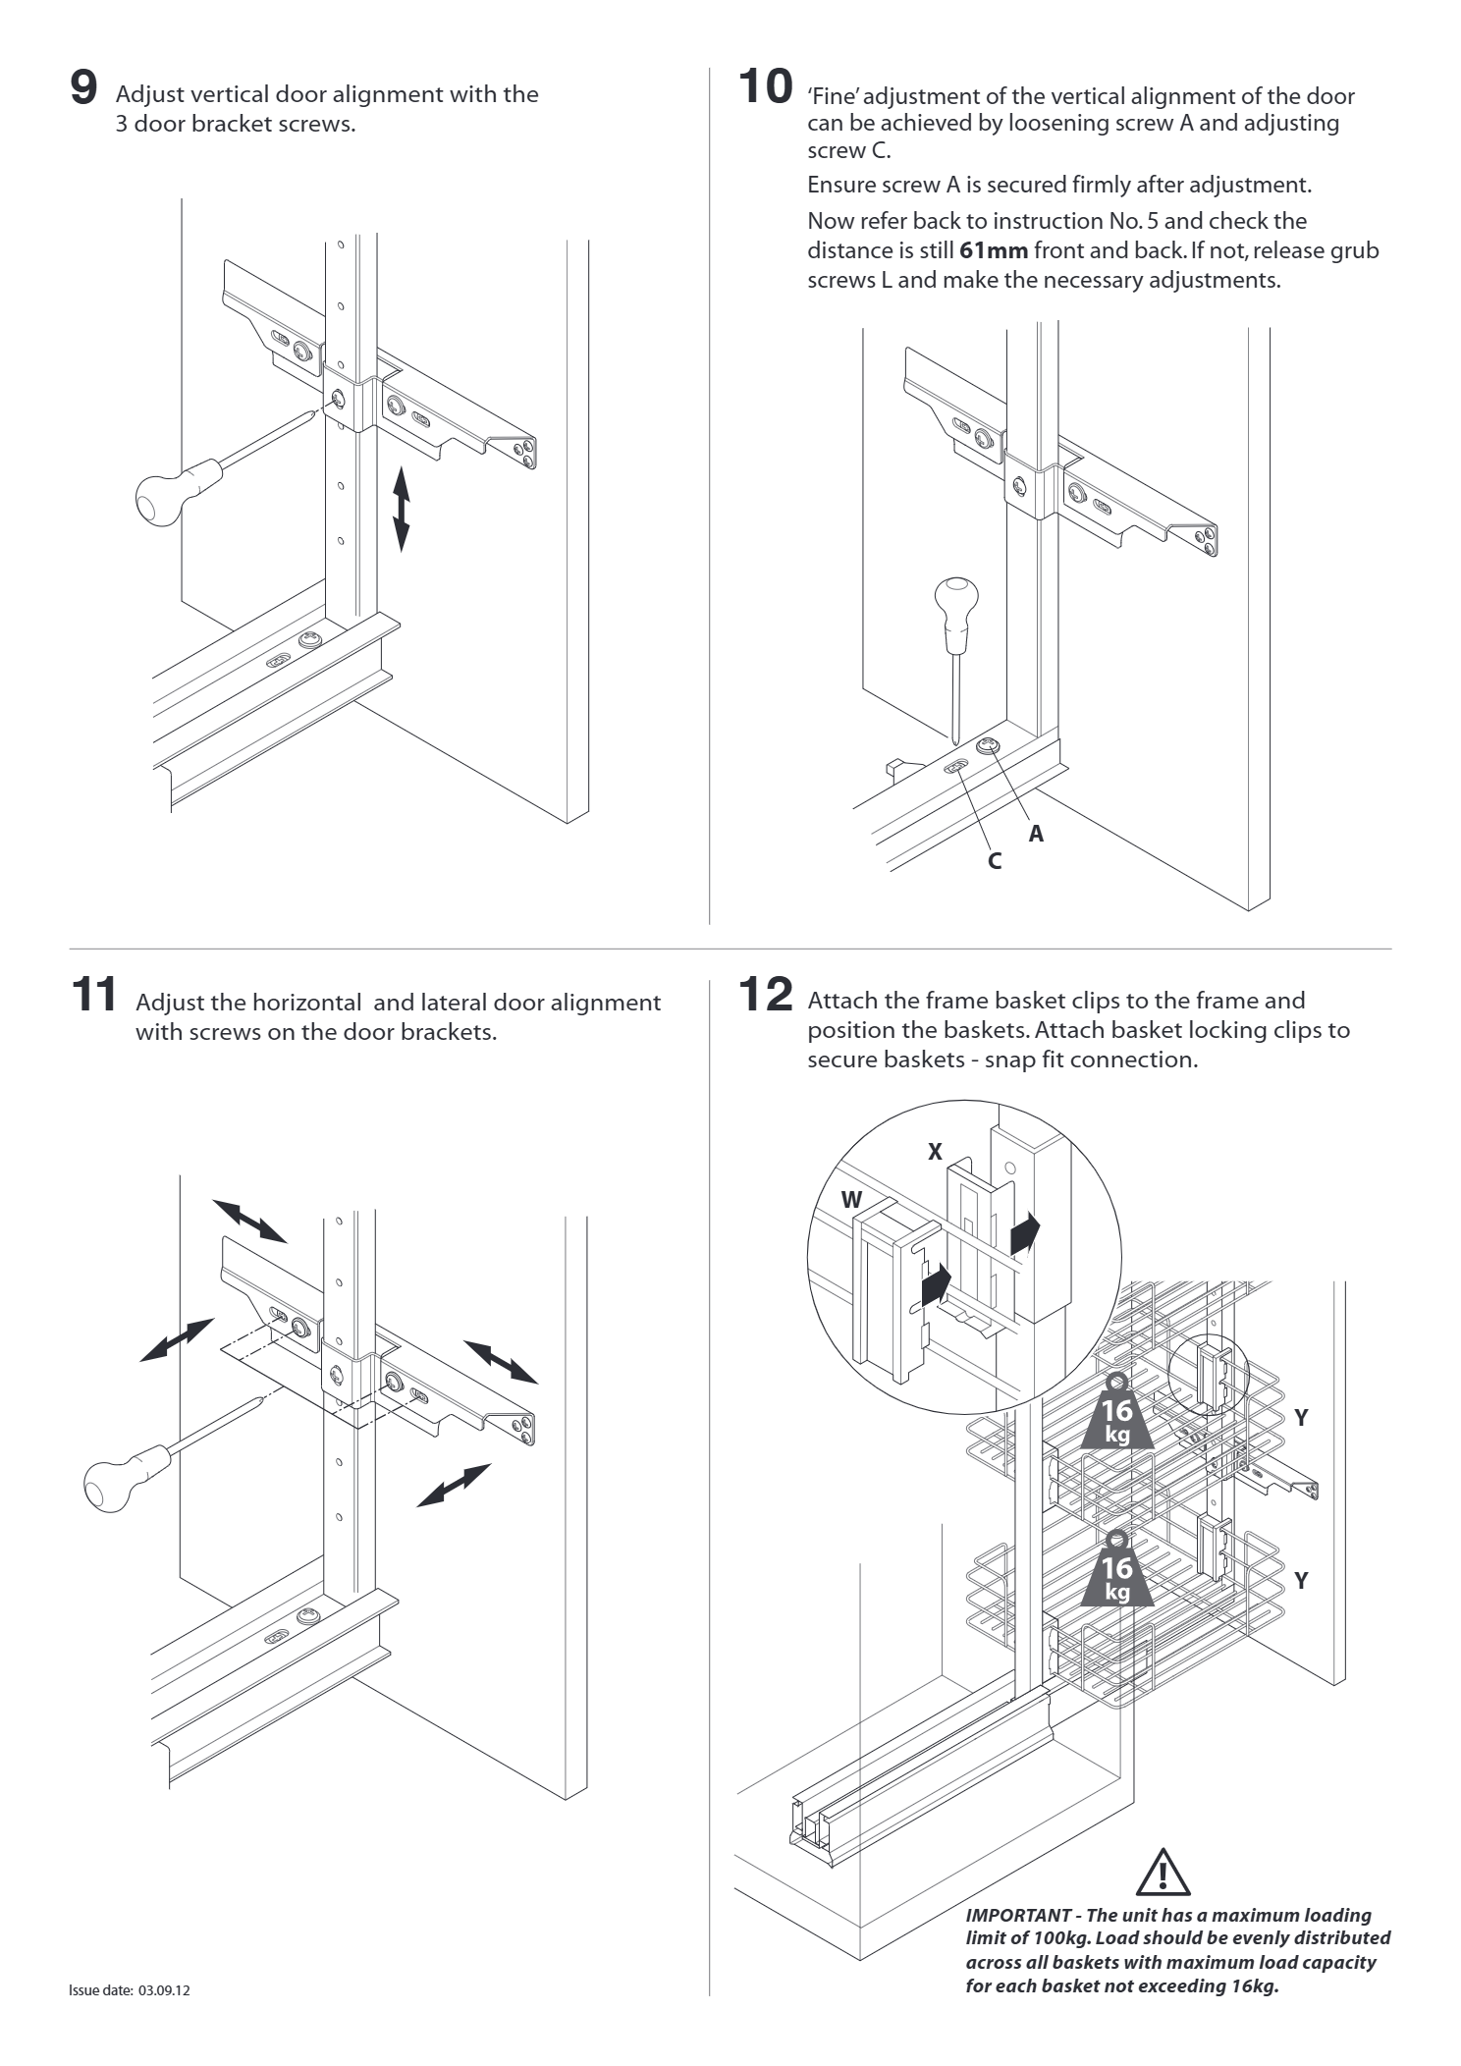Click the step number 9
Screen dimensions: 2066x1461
[83, 88]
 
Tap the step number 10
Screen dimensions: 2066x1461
[765, 86]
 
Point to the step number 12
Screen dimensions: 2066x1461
[765, 995]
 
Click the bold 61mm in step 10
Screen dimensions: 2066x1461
[993, 250]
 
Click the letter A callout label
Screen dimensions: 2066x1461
[1036, 834]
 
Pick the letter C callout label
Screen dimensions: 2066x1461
[995, 862]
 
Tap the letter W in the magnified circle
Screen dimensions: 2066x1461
[851, 1200]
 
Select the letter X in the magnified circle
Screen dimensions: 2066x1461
[936, 1153]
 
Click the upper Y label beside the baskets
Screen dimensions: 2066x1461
[1301, 1418]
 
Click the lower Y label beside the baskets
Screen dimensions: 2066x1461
[1301, 1581]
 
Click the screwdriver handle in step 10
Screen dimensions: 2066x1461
[955, 607]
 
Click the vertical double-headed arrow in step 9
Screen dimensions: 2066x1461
[401, 509]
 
